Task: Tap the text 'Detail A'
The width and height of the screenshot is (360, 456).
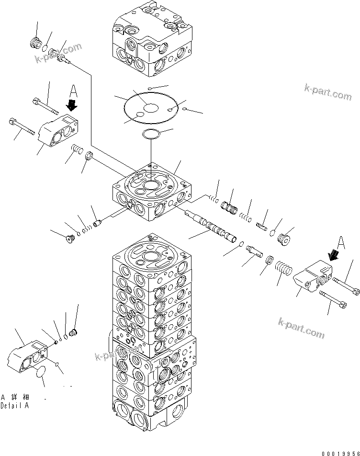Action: [14, 405]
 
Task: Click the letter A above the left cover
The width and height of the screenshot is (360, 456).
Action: [73, 90]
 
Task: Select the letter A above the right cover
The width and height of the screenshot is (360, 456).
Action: [340, 243]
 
